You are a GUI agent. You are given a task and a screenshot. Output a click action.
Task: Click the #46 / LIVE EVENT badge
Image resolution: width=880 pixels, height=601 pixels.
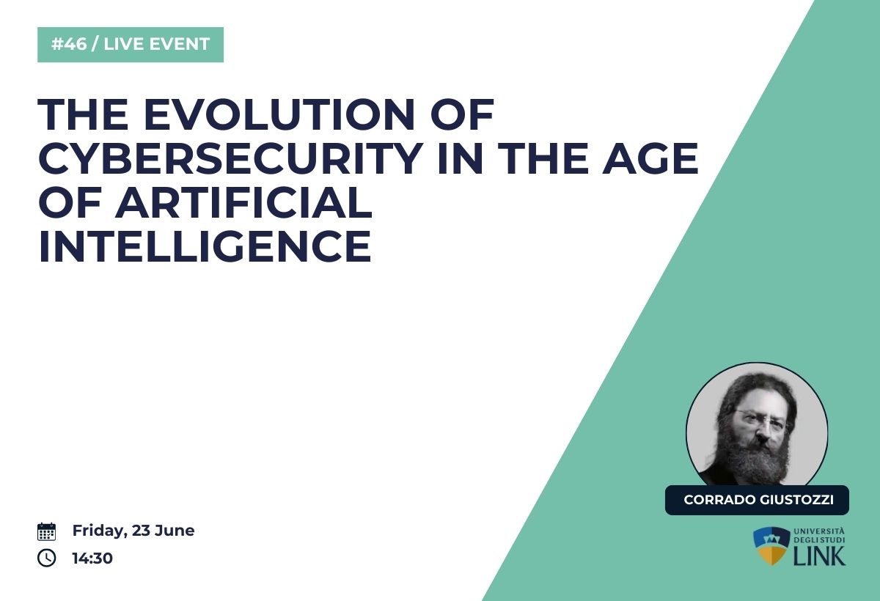pos(131,45)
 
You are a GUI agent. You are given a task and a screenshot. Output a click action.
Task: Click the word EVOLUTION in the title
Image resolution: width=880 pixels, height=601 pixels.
pos(279,114)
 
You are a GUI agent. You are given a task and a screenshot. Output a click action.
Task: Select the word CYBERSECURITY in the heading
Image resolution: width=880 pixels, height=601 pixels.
pos(231,158)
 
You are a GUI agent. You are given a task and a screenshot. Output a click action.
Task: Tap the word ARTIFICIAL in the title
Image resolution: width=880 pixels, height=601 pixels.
pos(243,202)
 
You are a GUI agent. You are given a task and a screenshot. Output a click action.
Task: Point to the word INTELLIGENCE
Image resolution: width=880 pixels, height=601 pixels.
pos(205,246)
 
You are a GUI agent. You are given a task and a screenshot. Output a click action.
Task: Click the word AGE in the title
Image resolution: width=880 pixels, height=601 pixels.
pos(650,158)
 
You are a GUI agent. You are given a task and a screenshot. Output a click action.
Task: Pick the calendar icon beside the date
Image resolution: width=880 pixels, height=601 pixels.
pos(46,531)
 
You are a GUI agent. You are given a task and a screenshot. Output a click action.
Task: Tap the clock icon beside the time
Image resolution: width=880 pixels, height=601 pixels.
pos(46,558)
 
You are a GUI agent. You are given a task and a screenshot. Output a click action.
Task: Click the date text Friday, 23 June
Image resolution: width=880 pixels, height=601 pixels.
pos(133,531)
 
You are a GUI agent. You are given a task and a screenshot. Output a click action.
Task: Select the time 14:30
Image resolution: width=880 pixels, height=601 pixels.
pos(92,558)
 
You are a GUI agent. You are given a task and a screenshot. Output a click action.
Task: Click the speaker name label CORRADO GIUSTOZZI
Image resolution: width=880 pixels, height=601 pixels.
pos(757,500)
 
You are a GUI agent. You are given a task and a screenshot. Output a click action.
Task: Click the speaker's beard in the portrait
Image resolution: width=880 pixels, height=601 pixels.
pos(755,459)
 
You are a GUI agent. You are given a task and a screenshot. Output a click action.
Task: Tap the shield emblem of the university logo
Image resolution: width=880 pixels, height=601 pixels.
pos(771,545)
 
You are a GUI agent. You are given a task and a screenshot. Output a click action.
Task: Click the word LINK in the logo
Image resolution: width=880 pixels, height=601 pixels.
pos(820,556)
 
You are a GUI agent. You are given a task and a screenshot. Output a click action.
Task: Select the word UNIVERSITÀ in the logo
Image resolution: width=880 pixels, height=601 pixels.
pos(820,531)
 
